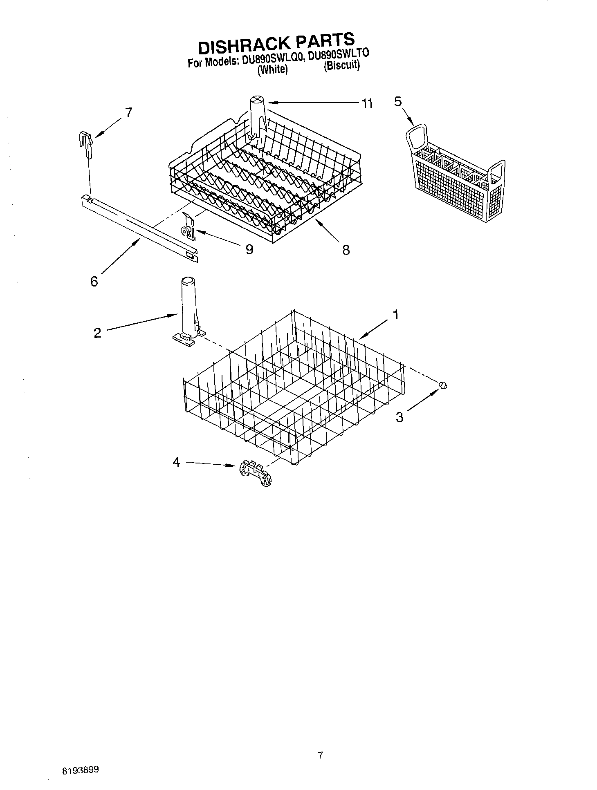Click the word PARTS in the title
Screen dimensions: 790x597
323,40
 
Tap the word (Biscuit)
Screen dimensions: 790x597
341,65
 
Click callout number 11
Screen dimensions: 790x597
367,104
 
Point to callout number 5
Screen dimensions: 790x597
398,101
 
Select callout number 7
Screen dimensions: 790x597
129,112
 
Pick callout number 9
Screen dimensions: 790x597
249,249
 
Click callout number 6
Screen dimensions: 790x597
94,281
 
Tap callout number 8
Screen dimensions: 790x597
346,250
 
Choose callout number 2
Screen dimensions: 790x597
97,333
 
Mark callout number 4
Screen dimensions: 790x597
176,462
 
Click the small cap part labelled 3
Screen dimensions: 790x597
442,385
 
